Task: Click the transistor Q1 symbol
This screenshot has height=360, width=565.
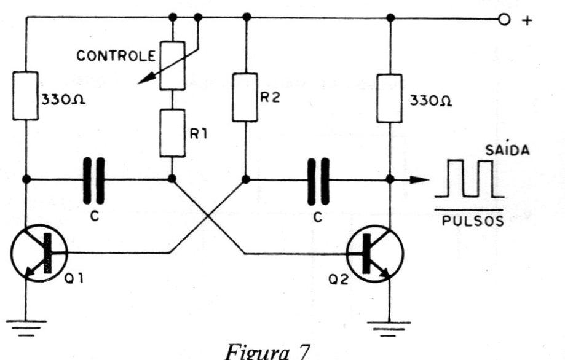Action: coord(39,253)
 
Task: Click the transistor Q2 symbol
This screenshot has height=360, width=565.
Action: coord(375,254)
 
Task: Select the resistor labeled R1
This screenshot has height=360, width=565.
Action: coord(172,133)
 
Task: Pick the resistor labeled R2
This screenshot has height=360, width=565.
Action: coord(245,97)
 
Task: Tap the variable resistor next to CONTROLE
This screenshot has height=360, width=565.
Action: coord(173,66)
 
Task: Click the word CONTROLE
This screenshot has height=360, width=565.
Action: coord(116,56)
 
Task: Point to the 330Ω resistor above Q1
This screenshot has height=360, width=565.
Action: coord(26,96)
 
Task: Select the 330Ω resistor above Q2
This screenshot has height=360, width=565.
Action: coord(390,98)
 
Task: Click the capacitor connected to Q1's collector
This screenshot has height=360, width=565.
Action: coord(93,181)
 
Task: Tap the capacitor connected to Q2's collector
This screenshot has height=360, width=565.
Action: coord(318,181)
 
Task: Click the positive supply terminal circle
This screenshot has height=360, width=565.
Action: coord(504,20)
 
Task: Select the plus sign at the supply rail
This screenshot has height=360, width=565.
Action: coord(527,20)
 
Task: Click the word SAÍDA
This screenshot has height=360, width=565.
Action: coord(507,149)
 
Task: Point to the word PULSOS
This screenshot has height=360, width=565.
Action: coord(473,221)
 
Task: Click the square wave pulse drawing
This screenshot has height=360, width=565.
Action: coord(469,179)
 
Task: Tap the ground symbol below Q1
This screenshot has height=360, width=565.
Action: coord(26,327)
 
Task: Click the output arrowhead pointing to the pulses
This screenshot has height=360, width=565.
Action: coord(419,179)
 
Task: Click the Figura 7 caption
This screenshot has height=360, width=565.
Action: coord(267,352)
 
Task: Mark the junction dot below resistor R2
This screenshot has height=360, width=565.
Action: coord(246,179)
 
